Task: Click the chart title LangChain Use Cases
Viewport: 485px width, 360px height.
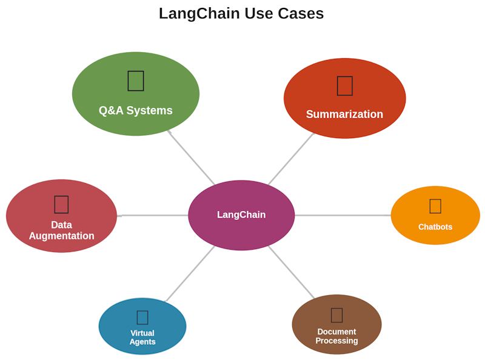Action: click(241, 13)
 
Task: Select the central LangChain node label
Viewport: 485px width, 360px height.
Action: click(241, 215)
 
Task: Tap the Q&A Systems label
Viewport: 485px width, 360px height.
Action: click(136, 110)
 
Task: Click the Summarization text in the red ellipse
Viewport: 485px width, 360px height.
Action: click(344, 114)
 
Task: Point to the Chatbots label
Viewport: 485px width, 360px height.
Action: click(435, 227)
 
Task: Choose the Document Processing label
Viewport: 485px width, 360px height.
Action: click(336, 336)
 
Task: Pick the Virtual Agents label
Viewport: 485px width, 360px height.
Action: click(142, 338)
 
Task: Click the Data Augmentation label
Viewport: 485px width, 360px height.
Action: click(61, 230)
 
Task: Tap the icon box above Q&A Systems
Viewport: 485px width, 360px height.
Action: click(136, 81)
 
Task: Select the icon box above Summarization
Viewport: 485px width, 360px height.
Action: click(344, 85)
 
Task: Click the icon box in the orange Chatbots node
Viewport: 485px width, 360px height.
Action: click(435, 206)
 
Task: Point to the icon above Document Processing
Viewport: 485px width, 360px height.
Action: click(336, 315)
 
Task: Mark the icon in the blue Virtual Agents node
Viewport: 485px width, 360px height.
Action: click(142, 317)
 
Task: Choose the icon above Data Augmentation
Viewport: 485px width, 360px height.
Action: click(61, 204)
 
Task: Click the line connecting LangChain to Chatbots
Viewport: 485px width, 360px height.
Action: click(343, 215)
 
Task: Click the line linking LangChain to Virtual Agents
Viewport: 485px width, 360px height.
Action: click(190, 273)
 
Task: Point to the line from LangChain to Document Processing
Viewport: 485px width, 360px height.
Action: click(292, 273)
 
